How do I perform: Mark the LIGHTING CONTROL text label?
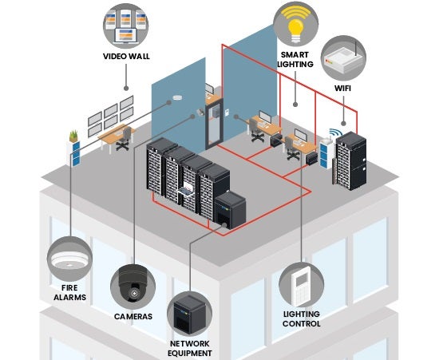coord(302,318)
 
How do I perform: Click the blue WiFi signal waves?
coord(332,133)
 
